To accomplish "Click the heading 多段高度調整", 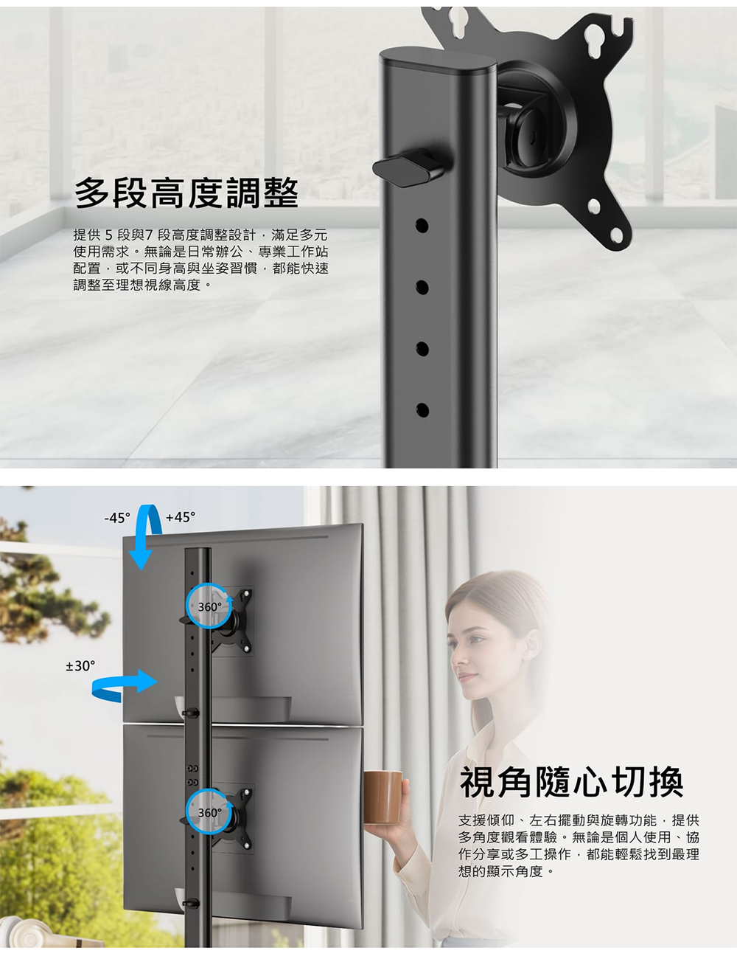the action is click(x=186, y=193).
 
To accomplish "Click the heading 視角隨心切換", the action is click(x=572, y=782).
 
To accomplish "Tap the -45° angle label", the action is click(x=117, y=517).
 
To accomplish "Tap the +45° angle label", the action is click(x=181, y=516).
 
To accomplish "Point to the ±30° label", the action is click(x=80, y=666).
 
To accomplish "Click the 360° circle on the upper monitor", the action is click(x=209, y=606).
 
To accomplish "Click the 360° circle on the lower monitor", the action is click(x=209, y=812).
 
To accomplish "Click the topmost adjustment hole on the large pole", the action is click(x=422, y=226).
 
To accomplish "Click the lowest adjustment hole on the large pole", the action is click(x=422, y=410).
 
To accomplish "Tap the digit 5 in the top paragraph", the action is click(x=109, y=235).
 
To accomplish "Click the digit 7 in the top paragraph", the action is click(x=149, y=235).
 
